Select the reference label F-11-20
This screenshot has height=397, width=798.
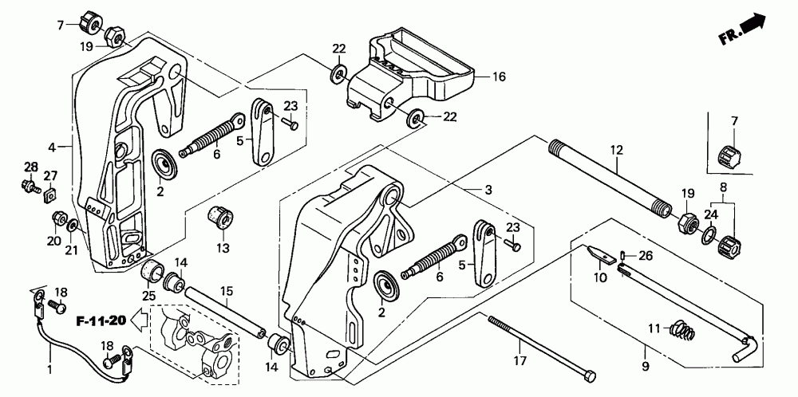(x=101, y=322)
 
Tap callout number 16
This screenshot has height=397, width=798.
(x=499, y=77)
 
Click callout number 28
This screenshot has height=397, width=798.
(x=30, y=166)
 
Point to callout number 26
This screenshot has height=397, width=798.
(x=645, y=255)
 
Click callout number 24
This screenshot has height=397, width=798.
(x=709, y=214)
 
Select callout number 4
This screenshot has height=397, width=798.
(x=51, y=147)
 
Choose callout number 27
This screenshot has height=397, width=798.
(x=50, y=175)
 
